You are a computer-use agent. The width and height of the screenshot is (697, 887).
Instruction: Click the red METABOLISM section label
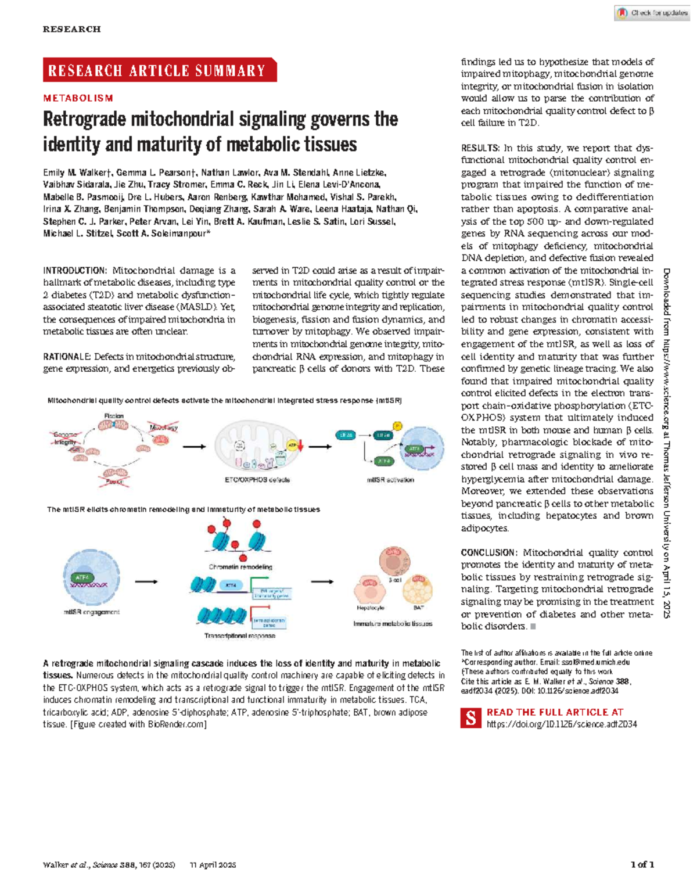[78, 98]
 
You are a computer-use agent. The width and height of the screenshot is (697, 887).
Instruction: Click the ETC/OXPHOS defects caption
[257, 480]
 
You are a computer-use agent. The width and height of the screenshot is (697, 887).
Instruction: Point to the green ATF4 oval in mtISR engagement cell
[82, 577]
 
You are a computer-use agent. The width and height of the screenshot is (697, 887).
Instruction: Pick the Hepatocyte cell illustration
[370, 590]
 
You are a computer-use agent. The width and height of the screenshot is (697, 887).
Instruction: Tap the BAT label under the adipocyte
[418, 608]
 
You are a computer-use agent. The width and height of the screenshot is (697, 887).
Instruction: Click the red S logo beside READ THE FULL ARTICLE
[470, 718]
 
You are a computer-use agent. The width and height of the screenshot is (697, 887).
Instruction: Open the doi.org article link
[562, 724]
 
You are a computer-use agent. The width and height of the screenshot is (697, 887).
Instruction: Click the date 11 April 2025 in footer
[213, 865]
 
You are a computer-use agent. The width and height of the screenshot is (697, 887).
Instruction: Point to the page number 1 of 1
[642, 864]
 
